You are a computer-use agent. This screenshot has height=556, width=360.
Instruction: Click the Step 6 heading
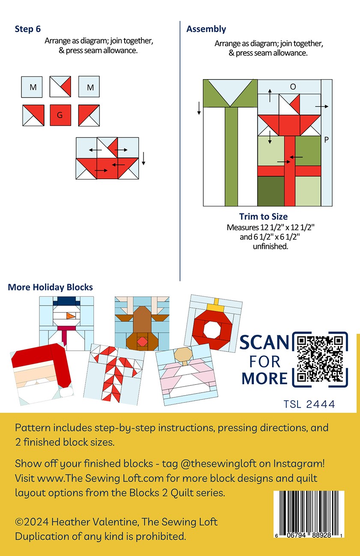coord(27,29)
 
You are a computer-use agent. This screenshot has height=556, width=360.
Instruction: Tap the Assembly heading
coord(206,29)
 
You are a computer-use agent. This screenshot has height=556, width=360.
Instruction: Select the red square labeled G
coord(60,115)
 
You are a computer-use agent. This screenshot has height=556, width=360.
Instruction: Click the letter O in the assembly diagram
coord(293,87)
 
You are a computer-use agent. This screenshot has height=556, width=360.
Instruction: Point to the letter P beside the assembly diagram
coord(327,140)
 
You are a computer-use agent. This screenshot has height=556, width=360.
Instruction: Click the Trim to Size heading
coord(263,216)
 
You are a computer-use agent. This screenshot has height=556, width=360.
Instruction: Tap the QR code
coord(320,359)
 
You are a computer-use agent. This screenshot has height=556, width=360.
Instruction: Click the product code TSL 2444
coord(309,404)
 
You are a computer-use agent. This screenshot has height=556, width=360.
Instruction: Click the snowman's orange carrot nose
coord(71,316)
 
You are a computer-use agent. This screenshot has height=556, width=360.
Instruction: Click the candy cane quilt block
coord(113,375)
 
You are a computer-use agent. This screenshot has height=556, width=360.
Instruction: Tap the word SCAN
coord(265,343)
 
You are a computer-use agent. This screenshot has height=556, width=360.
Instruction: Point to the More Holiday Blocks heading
coord(51,287)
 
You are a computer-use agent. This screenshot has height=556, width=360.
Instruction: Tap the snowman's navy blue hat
coord(67,301)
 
